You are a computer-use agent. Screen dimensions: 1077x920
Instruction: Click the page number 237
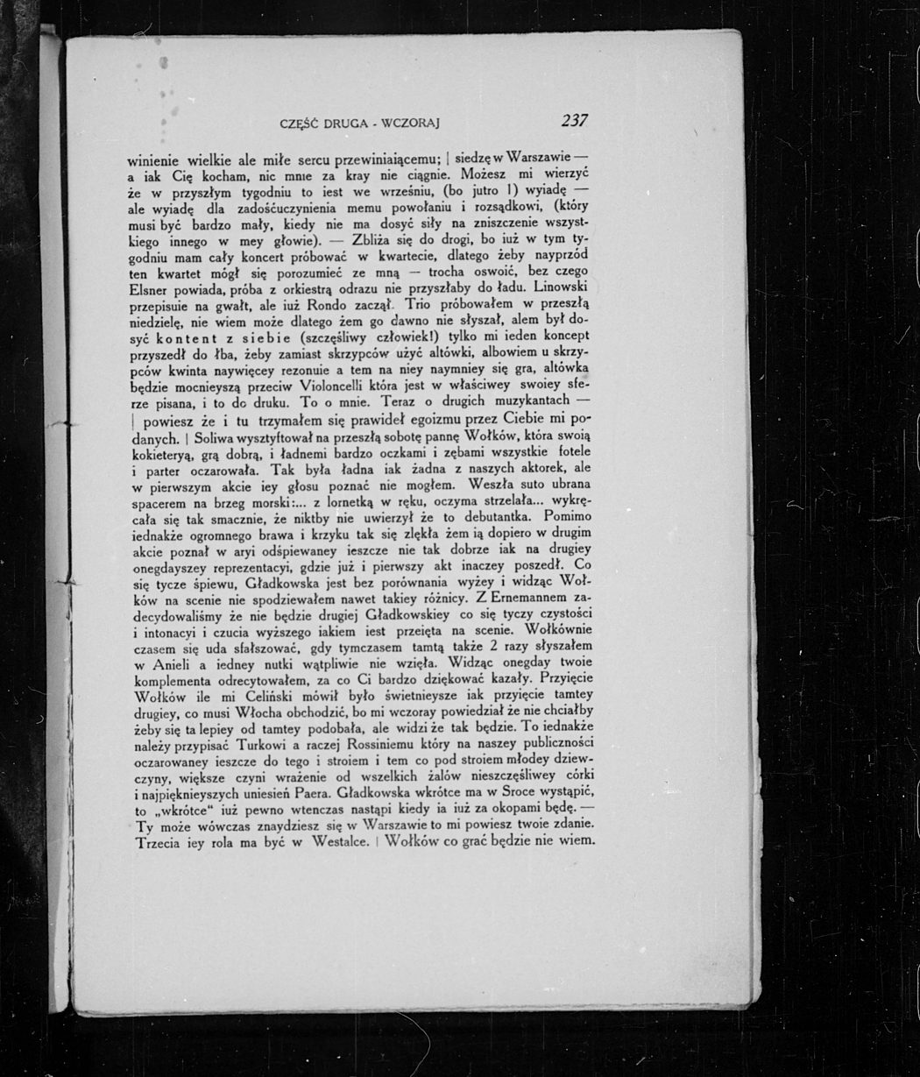(575, 120)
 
